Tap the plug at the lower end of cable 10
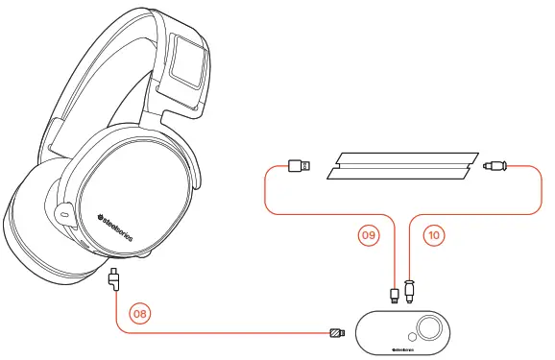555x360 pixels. [x=410, y=290]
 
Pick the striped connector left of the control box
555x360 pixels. [x=336, y=334]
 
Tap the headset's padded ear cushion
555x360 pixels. [x=38, y=230]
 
